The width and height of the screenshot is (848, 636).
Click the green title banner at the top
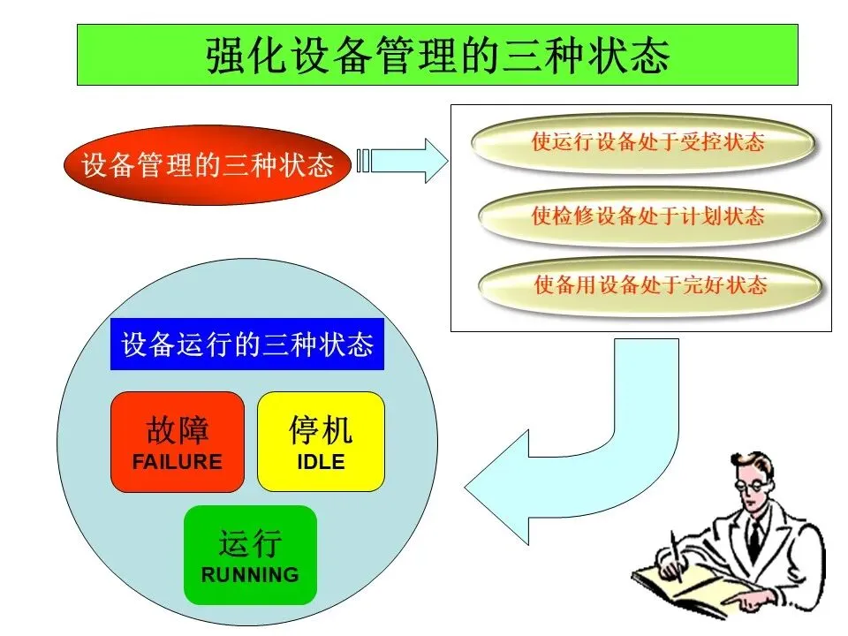coord(437,55)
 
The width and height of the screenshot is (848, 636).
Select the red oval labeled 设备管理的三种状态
coord(207,165)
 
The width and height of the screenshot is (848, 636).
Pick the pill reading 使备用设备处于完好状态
coord(650,284)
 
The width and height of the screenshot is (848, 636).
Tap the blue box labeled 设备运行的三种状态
coord(246,344)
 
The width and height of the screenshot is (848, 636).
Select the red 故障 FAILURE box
coord(177,442)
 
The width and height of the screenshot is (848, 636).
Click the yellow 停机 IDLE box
coord(321,442)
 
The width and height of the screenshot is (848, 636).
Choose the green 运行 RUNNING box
coord(250,555)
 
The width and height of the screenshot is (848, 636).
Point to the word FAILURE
coord(177,461)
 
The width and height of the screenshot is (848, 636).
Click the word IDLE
coord(321,461)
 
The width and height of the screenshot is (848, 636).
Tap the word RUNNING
coord(250,575)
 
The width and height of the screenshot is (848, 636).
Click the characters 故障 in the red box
coord(177,430)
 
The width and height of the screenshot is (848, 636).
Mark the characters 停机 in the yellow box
coord(321,430)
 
